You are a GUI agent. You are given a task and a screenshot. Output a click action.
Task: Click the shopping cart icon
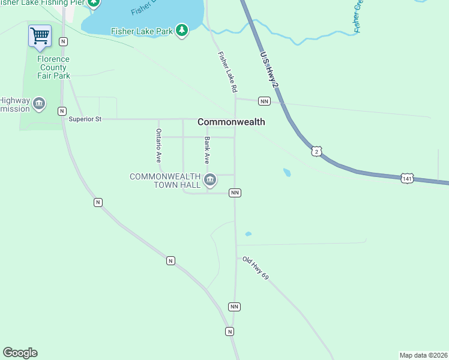coord(40,35)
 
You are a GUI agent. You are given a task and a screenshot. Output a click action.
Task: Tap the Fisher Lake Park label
coord(142,31)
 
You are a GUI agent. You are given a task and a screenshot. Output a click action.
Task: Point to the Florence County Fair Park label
coord(53,67)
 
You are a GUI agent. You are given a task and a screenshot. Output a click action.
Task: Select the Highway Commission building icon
coord(39,104)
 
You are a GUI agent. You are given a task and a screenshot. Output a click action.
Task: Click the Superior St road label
coord(85,119)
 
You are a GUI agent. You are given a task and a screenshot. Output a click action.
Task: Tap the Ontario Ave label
coord(158,146)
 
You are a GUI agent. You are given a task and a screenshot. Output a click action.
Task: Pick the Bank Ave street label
coord(207,151)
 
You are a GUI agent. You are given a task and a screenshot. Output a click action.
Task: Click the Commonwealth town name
coord(231,122)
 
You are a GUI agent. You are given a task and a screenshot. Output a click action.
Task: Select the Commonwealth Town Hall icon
coord(210,179)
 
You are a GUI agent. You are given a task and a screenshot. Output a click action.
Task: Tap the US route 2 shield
coord(317,151)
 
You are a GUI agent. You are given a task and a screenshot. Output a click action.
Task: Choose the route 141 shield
coord(408,178)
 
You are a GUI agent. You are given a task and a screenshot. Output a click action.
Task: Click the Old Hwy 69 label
coord(256,268)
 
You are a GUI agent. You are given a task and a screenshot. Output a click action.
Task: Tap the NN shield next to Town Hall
coord(235,193)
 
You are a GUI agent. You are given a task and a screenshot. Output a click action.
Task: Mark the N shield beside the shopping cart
coord(63,41)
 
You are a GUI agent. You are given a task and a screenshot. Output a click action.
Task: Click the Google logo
coord(20,353)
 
